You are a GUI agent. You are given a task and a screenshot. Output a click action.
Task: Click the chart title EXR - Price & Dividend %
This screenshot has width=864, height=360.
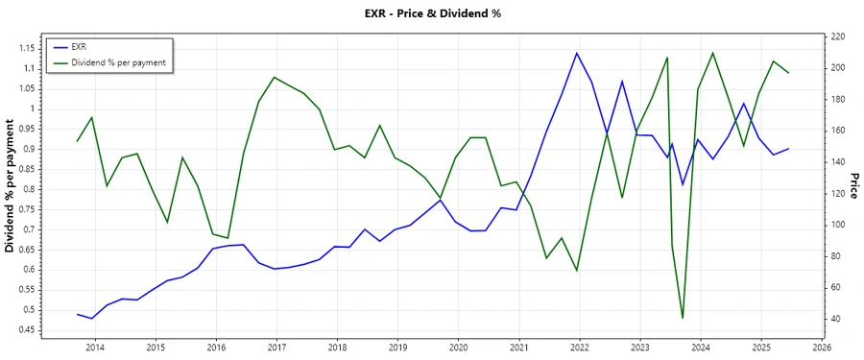click(432, 13)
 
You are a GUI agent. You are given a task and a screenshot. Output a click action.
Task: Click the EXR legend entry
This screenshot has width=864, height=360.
click(79, 46)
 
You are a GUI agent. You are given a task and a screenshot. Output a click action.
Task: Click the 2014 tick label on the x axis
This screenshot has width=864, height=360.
click(95, 347)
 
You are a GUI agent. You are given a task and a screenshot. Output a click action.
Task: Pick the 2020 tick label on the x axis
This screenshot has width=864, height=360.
click(458, 347)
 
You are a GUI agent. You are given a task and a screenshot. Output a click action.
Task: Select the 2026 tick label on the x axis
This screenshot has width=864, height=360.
click(822, 347)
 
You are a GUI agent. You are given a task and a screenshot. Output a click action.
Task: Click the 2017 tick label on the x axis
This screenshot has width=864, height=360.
click(276, 347)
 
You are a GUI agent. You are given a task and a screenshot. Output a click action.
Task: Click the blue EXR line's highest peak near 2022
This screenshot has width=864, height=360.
click(577, 53)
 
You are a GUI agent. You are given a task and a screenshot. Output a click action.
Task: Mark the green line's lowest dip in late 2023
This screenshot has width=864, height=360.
click(683, 318)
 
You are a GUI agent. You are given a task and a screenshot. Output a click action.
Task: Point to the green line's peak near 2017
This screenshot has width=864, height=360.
click(275, 77)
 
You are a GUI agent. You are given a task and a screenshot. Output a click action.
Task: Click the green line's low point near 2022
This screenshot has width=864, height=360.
click(577, 271)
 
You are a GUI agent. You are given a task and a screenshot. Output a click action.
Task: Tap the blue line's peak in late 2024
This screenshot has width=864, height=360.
click(743, 103)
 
